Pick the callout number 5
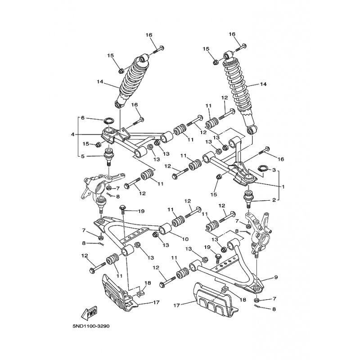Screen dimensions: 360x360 click(x=82, y=156)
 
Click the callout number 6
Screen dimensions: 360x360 click(x=82, y=118)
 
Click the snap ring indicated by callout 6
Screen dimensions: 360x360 click(x=109, y=121)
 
